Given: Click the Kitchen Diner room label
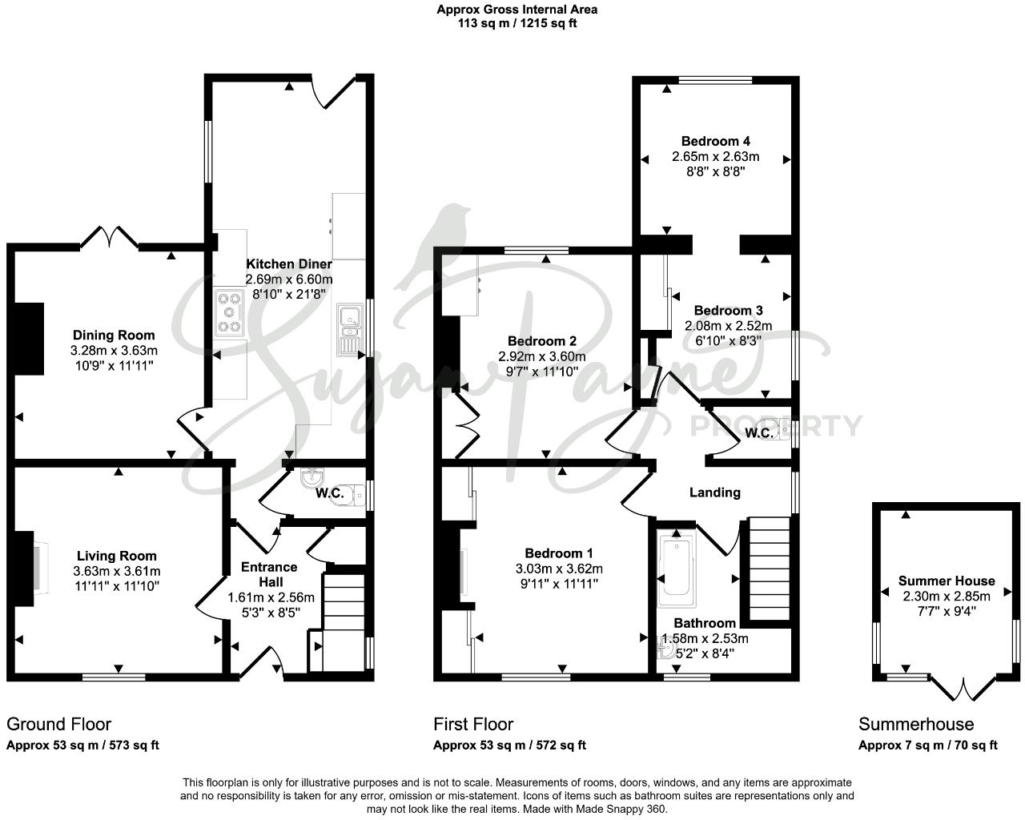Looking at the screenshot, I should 288,264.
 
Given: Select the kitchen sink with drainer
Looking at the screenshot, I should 350,328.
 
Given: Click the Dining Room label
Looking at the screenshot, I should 114,335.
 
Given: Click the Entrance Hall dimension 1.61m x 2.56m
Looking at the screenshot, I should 271,597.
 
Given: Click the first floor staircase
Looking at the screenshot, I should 769,569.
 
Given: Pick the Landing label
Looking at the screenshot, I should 714,492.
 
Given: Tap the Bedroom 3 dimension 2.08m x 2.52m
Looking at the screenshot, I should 728,326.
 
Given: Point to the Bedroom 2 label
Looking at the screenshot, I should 541,341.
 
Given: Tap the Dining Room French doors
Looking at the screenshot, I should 111,237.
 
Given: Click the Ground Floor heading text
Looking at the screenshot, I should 58,725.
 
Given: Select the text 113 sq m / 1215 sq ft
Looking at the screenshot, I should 517,23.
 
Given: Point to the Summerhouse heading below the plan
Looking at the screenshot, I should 916,725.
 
